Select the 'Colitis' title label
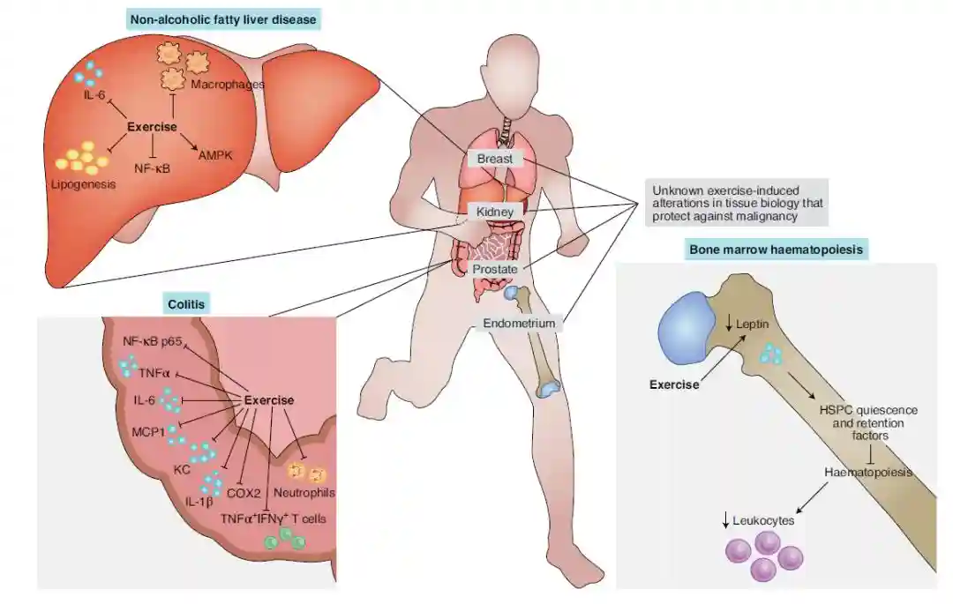(x=185, y=304)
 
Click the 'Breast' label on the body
(x=495, y=159)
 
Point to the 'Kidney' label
(x=495, y=213)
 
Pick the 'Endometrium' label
(x=519, y=324)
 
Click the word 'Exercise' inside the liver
(x=152, y=127)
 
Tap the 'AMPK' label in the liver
(x=215, y=154)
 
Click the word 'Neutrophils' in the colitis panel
(x=304, y=492)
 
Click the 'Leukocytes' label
(x=764, y=521)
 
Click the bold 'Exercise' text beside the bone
(x=674, y=384)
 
